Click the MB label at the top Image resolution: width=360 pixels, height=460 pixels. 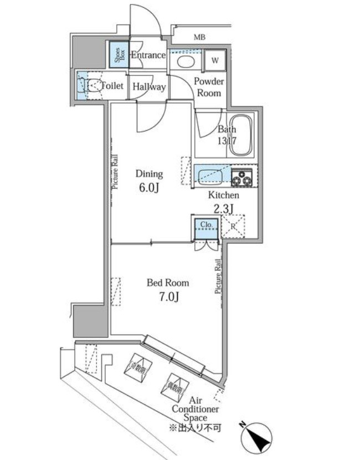pos(199,37)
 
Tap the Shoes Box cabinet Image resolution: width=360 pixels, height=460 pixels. pos(117,55)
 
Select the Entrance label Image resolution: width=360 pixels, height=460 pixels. pos(148,55)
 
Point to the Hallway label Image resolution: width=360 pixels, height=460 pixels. pos(148,87)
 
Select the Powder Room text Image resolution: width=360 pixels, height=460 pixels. pos(208,87)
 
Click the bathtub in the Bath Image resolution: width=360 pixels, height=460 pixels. pos(241,136)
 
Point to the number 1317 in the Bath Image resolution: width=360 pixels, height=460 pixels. pos(227,141)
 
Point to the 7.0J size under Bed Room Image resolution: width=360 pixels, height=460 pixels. pos(167,297)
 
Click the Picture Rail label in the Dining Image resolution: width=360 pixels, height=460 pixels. pos(116,172)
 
